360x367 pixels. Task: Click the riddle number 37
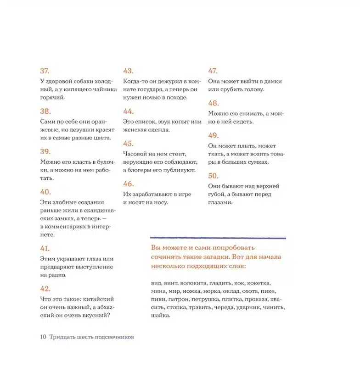pos(45,71)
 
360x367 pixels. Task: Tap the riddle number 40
pos(45,192)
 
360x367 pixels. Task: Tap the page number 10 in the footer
pos(43,337)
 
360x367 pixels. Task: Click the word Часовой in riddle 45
pos(136,154)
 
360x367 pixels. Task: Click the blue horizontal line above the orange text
pos(218,238)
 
